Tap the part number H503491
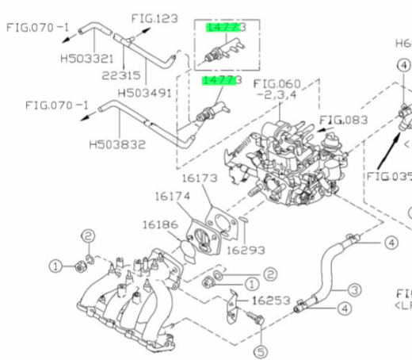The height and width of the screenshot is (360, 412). pos(147,92)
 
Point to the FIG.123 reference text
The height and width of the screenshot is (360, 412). pos(155,16)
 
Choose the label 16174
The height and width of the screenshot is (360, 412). pos(171,195)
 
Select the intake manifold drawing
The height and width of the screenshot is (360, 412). pos(135,293)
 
